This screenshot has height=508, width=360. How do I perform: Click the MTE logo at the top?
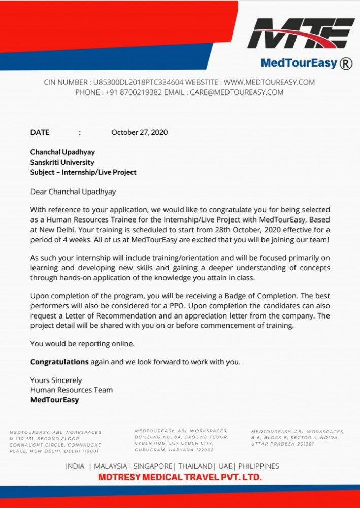(x=304, y=34)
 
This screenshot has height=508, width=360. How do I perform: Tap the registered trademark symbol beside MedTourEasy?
(x=346, y=63)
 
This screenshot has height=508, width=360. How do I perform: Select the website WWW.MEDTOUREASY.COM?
(x=269, y=82)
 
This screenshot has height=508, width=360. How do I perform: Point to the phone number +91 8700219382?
(x=134, y=92)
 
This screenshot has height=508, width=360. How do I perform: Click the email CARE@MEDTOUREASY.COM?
(x=237, y=92)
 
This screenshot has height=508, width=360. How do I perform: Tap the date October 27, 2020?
(x=140, y=132)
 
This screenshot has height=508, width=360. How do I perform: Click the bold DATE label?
(x=40, y=132)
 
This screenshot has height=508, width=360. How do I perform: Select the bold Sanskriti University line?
(x=62, y=162)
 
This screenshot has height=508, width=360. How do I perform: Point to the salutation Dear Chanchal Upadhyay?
(x=73, y=192)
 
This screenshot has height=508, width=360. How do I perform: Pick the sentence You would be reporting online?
(x=82, y=344)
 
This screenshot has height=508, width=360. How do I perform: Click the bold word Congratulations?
(x=59, y=362)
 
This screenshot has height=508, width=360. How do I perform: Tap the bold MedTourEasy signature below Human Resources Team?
(x=54, y=400)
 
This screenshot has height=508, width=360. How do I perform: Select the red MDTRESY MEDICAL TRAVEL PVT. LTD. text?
(x=180, y=477)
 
